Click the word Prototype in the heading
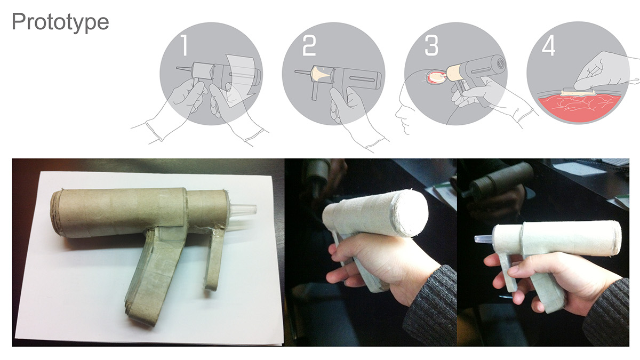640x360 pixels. pyautogui.click(x=60, y=22)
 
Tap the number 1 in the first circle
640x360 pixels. pyautogui.click(x=183, y=46)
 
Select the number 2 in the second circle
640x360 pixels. pyautogui.click(x=309, y=46)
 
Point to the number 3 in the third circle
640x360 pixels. pyautogui.click(x=431, y=46)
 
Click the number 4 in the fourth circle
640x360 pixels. pyautogui.click(x=548, y=46)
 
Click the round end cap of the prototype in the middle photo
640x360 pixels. pyautogui.click(x=411, y=213)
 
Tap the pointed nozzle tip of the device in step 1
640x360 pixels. pyautogui.click(x=179, y=69)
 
